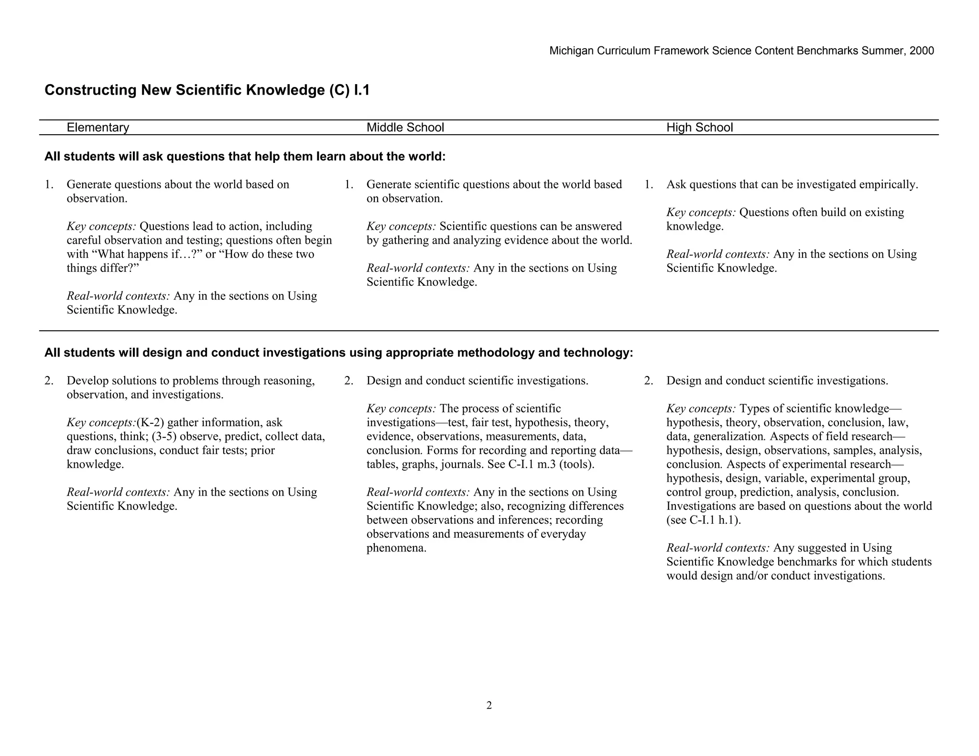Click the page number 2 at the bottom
(x=489, y=705)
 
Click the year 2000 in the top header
(x=922, y=51)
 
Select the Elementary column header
(x=98, y=128)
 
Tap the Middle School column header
(x=405, y=128)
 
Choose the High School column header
(x=699, y=128)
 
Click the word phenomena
(x=396, y=548)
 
